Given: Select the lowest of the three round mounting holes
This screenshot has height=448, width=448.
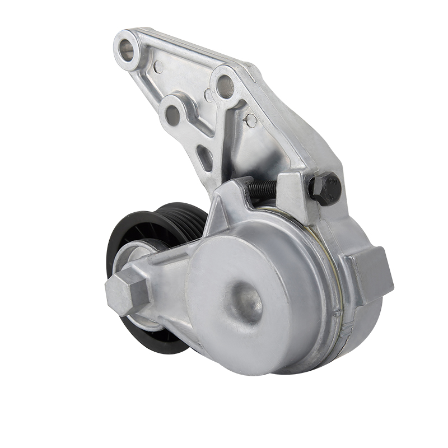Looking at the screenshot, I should (x=173, y=114).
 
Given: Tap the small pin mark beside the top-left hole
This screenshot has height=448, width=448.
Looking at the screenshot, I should (x=158, y=67).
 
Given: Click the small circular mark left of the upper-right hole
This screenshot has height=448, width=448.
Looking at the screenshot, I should (x=208, y=96).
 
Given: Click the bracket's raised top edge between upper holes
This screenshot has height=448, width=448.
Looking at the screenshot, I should (x=185, y=48).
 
